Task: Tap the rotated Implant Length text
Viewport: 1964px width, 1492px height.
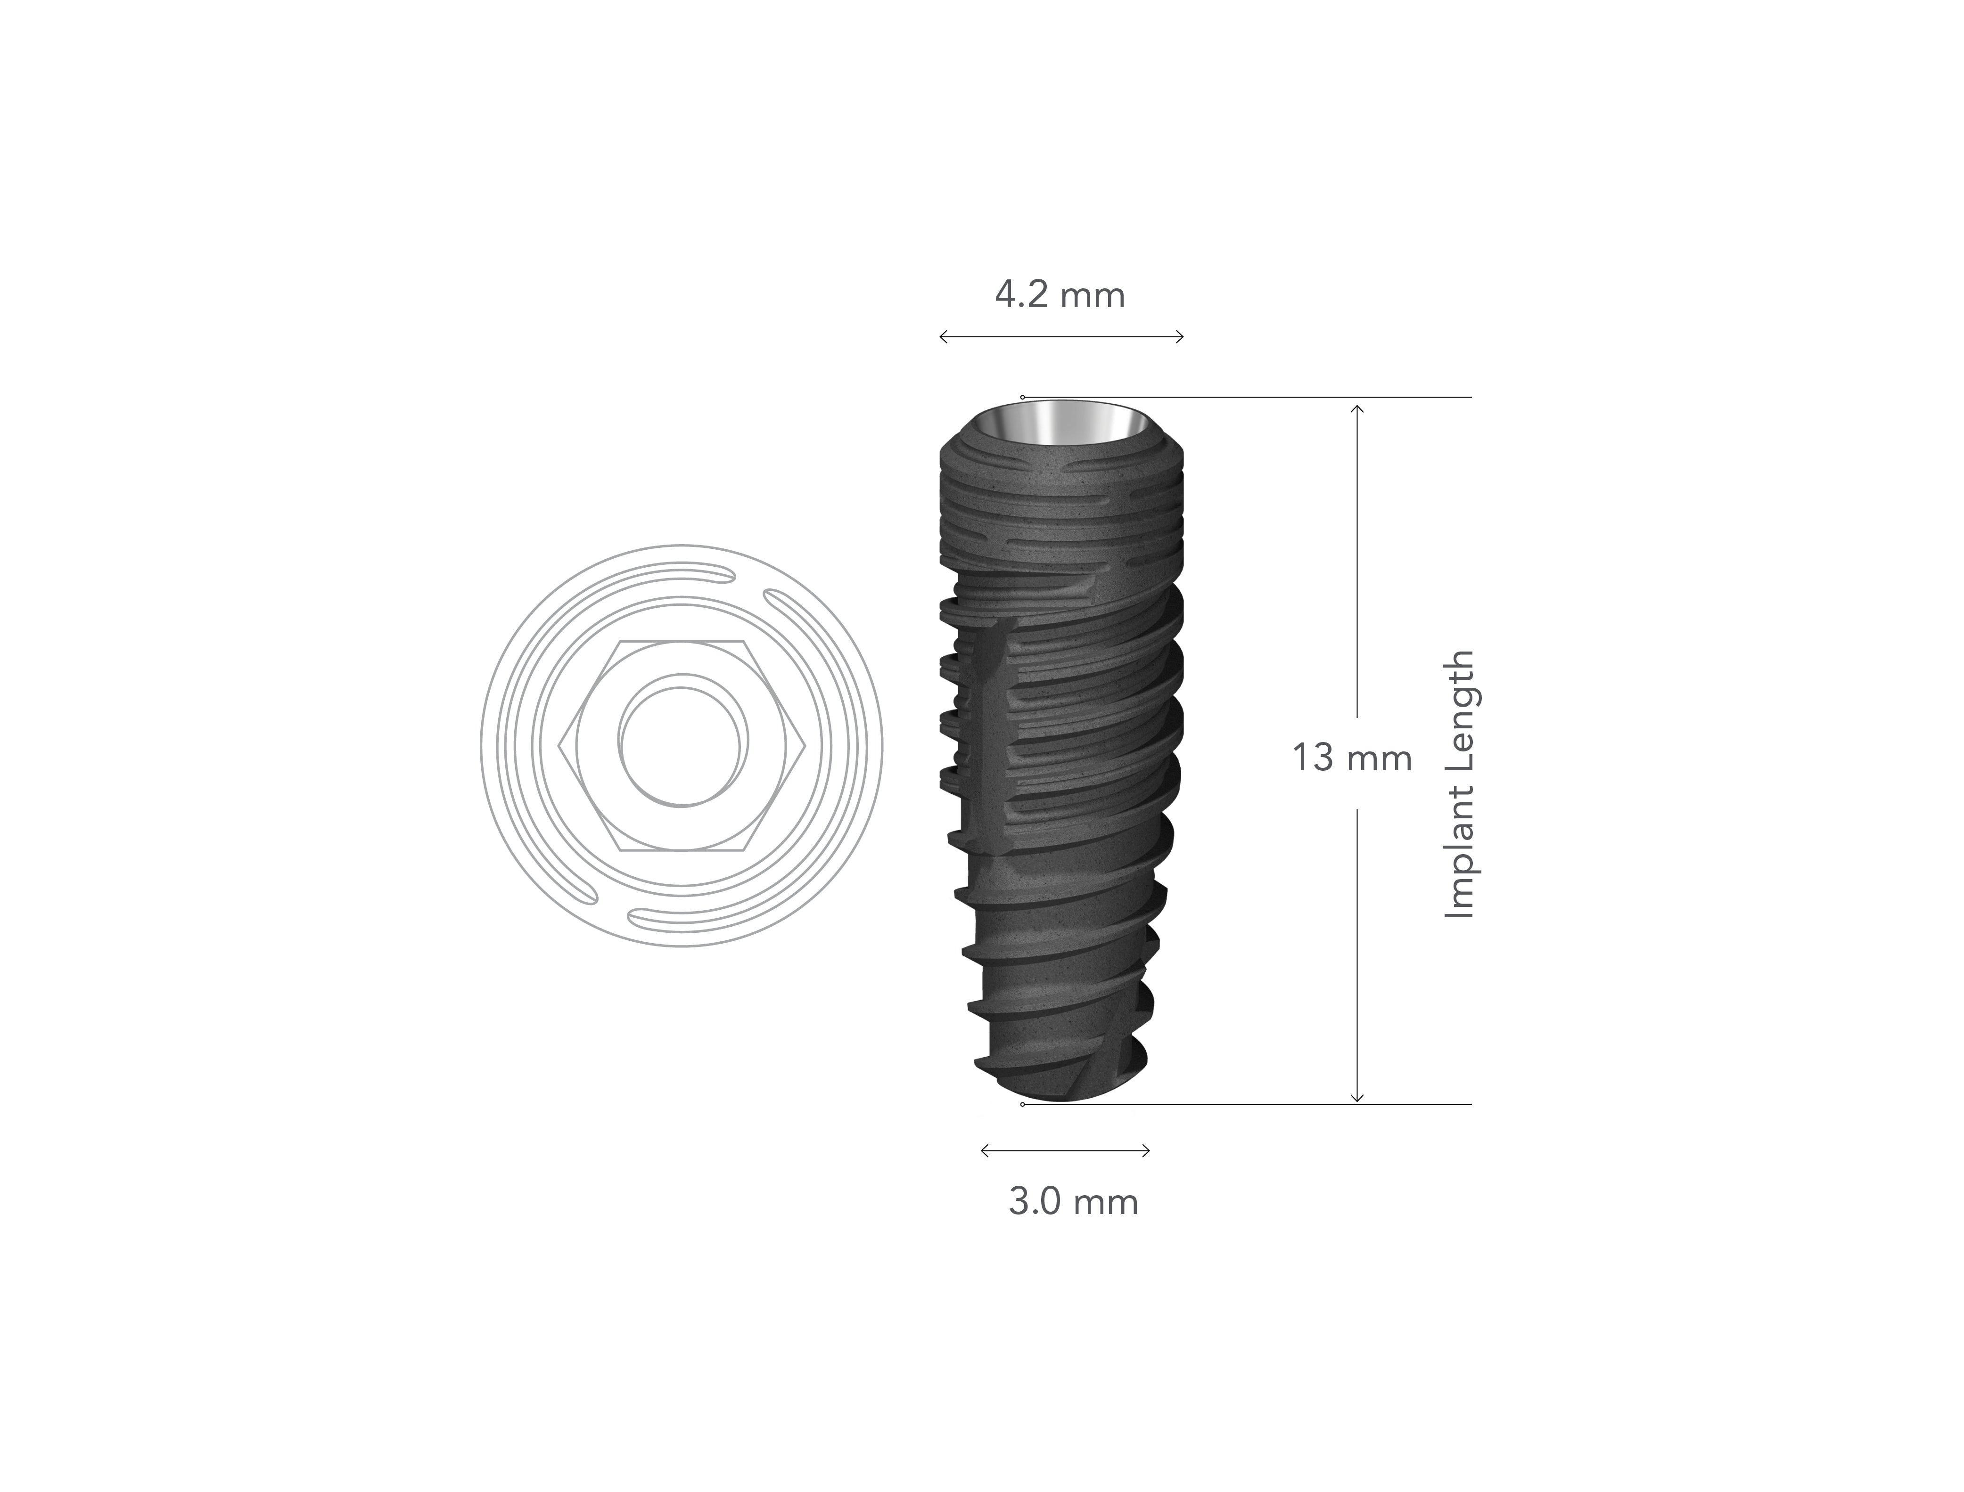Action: click(x=1460, y=785)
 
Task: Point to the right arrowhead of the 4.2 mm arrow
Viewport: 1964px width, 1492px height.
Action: click(x=1182, y=336)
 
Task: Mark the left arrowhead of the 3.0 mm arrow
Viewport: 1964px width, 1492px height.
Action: click(x=982, y=1151)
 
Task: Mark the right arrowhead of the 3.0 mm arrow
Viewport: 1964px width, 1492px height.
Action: click(x=1149, y=1151)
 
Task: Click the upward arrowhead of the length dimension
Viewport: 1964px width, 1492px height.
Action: click(x=1356, y=407)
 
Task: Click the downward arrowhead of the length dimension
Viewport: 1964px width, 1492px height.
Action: click(x=1356, y=1101)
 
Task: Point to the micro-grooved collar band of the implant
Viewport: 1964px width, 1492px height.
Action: click(x=1061, y=515)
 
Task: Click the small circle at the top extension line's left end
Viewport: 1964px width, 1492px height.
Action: click(x=1022, y=397)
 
